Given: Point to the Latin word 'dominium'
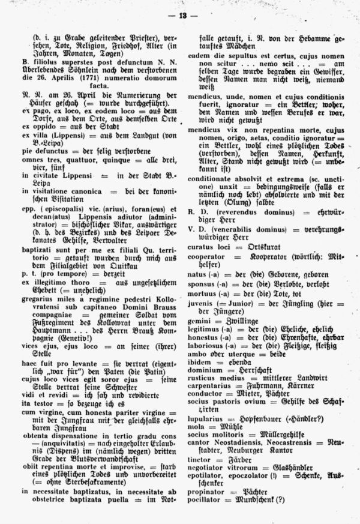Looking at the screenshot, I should pos(204,372).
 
